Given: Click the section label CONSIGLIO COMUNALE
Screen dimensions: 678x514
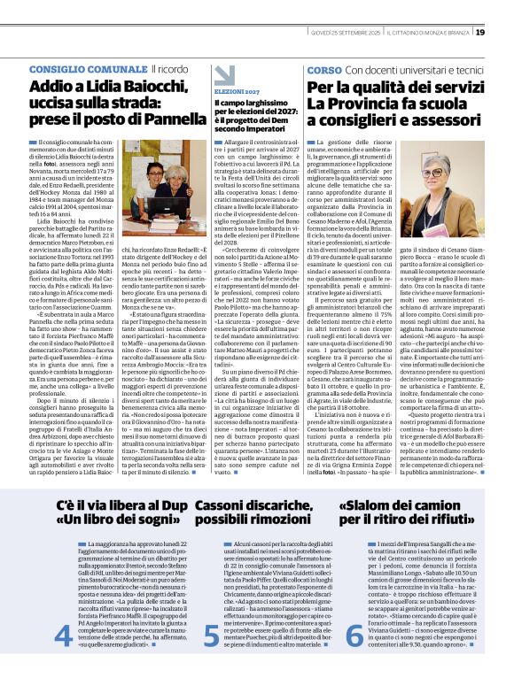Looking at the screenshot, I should (88, 69).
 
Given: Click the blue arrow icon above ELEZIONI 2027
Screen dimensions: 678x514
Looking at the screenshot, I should (223, 74).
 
